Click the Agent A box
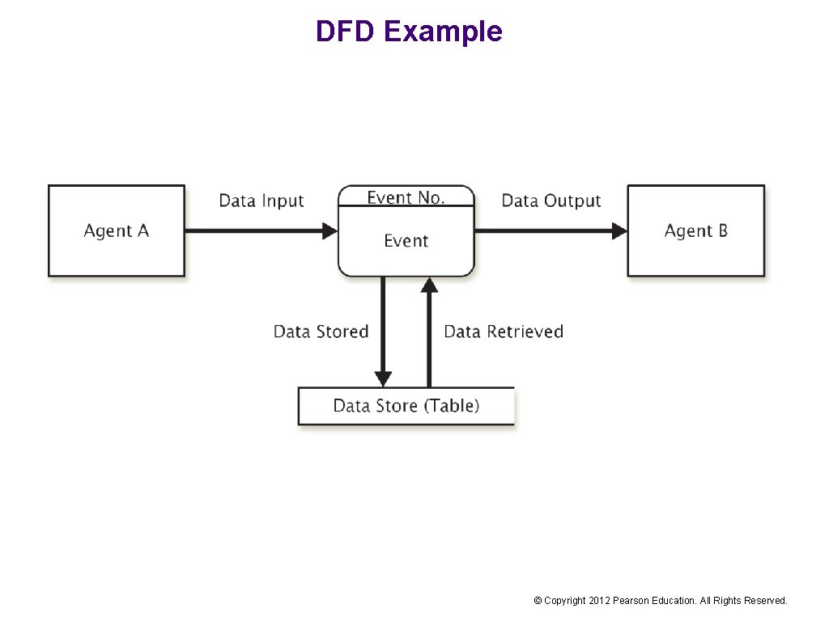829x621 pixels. click(x=117, y=231)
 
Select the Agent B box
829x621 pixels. click(x=695, y=231)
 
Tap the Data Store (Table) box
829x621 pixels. click(x=406, y=406)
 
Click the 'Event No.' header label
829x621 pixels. click(x=406, y=197)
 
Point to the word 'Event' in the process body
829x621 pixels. click(x=406, y=241)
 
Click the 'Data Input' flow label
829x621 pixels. click(x=261, y=201)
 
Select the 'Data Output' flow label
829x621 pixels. click(x=551, y=201)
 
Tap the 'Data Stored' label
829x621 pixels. click(x=321, y=332)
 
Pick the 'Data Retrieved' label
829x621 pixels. click(x=504, y=332)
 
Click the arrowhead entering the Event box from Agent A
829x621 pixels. click(x=329, y=231)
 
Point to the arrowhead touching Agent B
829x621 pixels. click(x=619, y=231)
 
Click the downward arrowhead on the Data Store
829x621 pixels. click(x=383, y=379)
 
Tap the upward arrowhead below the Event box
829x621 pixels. click(x=429, y=285)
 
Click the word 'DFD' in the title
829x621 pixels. click(x=346, y=32)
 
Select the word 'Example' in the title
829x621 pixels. click(x=443, y=32)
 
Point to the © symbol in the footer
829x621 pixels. click(x=538, y=601)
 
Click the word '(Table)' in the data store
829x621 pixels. click(x=453, y=406)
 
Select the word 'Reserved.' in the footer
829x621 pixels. click(x=766, y=601)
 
